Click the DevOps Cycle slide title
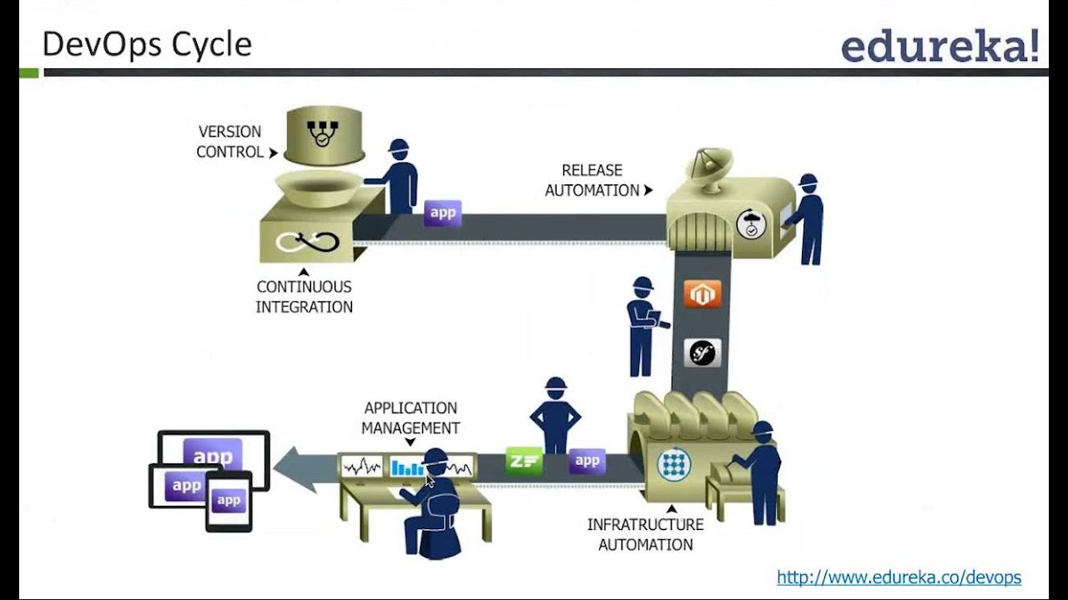click(147, 44)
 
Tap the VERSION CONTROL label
click(229, 142)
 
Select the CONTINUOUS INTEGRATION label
click(304, 297)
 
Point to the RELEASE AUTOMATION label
click(592, 180)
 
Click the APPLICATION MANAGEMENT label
click(411, 417)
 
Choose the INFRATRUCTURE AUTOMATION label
click(645, 534)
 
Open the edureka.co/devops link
click(899, 577)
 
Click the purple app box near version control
click(442, 212)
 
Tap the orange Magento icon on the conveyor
click(702, 294)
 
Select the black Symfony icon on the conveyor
click(702, 352)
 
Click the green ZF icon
click(524, 461)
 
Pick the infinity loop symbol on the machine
click(309, 242)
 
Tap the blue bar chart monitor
click(407, 467)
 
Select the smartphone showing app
click(229, 501)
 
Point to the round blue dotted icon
click(673, 464)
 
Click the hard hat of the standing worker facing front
click(556, 386)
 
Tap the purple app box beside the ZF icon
click(587, 461)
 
